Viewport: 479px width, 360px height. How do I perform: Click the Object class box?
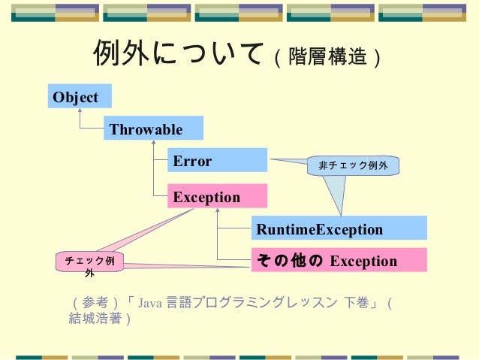tap(80, 97)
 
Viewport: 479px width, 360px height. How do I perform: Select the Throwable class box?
tap(154, 129)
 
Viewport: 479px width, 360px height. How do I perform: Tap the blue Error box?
tap(217, 161)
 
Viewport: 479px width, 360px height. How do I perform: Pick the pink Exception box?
tap(217, 197)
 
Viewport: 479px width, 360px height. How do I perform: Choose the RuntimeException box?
tap(339, 228)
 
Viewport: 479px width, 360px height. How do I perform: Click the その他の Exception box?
tap(339, 261)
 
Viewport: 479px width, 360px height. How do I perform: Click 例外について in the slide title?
tap(178, 53)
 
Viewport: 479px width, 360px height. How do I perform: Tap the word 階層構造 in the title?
tap(329, 56)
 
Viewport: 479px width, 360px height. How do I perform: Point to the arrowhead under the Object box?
tap(80, 111)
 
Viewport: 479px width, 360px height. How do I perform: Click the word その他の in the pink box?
tap(290, 261)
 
